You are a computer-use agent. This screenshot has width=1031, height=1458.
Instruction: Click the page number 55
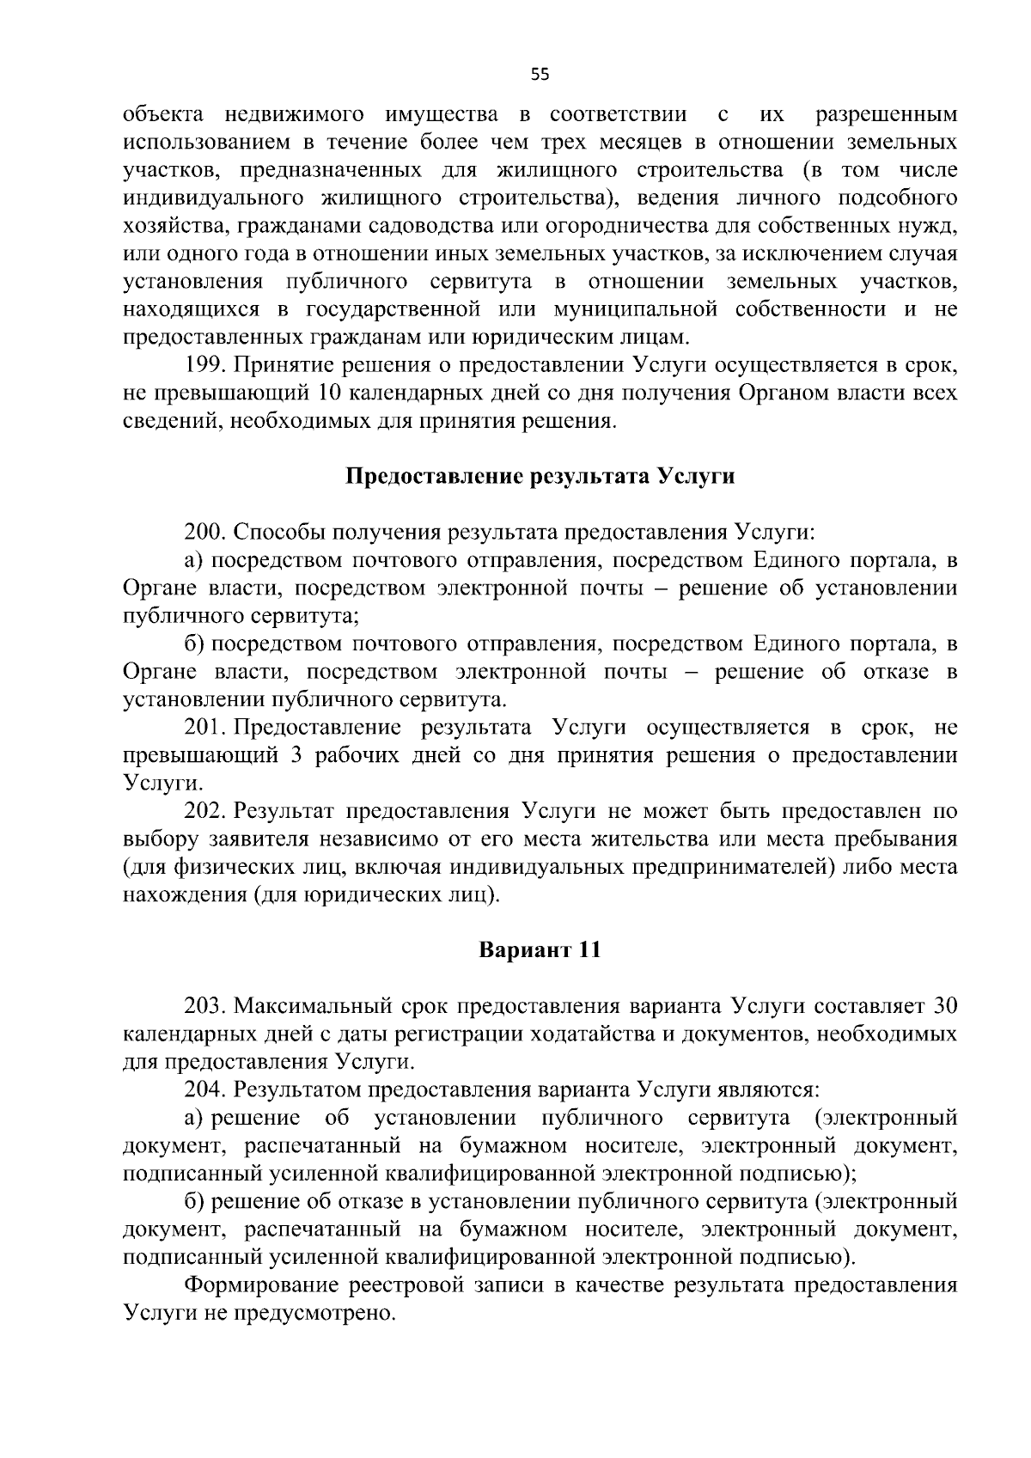pos(540,75)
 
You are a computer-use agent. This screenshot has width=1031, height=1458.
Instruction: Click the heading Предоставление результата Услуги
pos(540,476)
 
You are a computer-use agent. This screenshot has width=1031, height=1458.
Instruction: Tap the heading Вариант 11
pos(540,951)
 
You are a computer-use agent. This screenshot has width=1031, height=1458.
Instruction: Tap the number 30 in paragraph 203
pos(944,1006)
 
